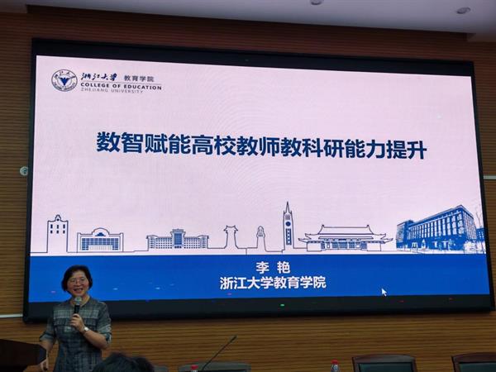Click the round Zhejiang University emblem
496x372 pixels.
[64, 80]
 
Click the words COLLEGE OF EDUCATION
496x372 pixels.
[121, 86]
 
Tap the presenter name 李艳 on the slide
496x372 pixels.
[273, 268]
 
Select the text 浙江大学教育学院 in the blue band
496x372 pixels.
[273, 283]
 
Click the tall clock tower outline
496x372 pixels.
[287, 227]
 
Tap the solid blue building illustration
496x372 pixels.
[441, 229]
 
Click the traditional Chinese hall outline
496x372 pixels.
[345, 238]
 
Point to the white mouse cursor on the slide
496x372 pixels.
[384, 292]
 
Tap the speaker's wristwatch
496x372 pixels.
[85, 330]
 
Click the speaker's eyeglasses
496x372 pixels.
[77, 280]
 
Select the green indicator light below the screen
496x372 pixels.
[282, 305]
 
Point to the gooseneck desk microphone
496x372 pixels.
[218, 353]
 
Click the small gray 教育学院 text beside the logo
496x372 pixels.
[138, 78]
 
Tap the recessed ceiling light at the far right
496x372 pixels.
[463, 11]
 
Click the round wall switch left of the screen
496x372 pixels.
[24, 171]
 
